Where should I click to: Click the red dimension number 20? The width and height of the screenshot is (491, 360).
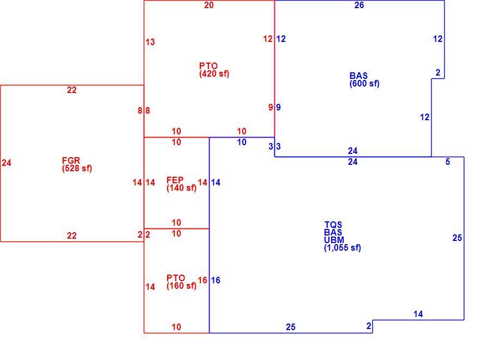pyautogui.click(x=209, y=5)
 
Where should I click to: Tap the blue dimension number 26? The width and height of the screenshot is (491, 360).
pyautogui.click(x=359, y=5)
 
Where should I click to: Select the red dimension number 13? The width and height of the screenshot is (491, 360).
pyautogui.click(x=150, y=42)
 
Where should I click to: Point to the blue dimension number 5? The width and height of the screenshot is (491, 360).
pyautogui.click(x=448, y=162)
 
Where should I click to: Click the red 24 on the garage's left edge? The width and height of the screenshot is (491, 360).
pyautogui.click(x=7, y=163)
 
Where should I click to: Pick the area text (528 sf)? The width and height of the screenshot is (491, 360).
pyautogui.click(x=77, y=168)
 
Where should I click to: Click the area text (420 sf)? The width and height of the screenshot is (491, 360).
pyautogui.click(x=214, y=74)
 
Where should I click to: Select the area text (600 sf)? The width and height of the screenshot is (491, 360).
pyautogui.click(x=365, y=84)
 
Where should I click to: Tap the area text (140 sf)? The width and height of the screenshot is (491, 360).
pyautogui.click(x=182, y=188)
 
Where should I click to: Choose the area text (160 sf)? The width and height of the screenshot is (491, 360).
pyautogui.click(x=182, y=286)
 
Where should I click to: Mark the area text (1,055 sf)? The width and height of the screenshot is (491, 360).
pyautogui.click(x=342, y=248)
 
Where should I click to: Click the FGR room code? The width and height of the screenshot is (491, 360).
pyautogui.click(x=71, y=161)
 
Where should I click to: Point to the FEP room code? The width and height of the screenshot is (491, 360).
pyautogui.click(x=175, y=180)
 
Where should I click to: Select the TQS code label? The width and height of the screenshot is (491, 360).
pyautogui.click(x=333, y=225)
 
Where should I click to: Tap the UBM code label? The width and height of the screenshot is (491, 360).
pyautogui.click(x=334, y=240)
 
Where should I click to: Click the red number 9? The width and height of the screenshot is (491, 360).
pyautogui.click(x=271, y=107)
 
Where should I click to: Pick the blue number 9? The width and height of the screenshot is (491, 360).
pyautogui.click(x=278, y=107)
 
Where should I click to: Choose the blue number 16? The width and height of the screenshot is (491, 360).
pyautogui.click(x=216, y=280)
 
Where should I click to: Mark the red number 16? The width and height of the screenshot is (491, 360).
pyautogui.click(x=202, y=280)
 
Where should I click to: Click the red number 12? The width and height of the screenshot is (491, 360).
pyautogui.click(x=268, y=39)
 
